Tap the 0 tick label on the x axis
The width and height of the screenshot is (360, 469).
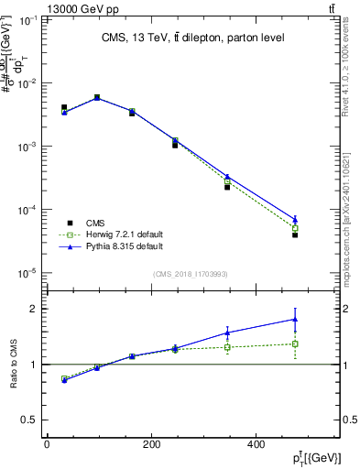(47, 444)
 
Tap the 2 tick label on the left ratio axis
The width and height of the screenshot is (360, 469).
(31, 309)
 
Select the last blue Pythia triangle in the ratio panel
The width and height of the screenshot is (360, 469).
(295, 320)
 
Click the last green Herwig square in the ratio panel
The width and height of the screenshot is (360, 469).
(295, 344)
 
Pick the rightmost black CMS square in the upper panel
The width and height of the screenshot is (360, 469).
(295, 235)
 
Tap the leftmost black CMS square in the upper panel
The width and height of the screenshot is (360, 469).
(64, 107)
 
